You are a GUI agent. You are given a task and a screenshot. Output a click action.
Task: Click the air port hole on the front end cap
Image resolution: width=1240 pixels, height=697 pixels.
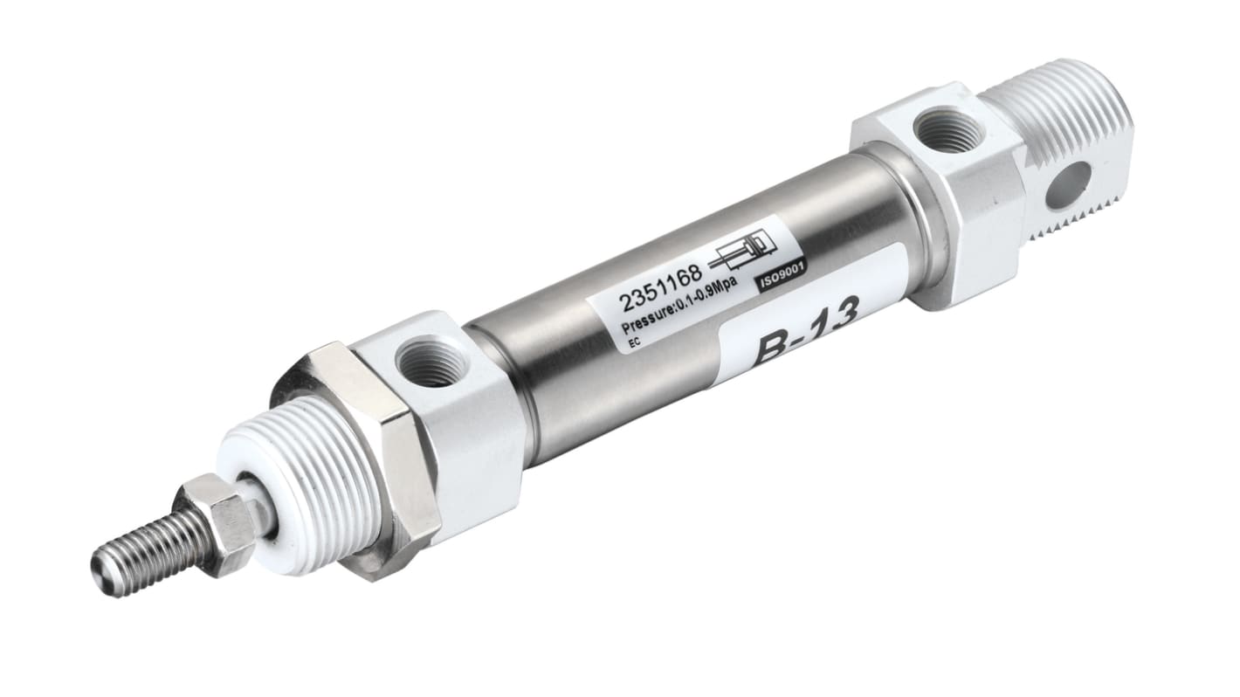pos(430,360)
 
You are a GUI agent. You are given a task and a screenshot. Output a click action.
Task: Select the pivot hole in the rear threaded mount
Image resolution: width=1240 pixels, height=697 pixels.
pos(1067,184)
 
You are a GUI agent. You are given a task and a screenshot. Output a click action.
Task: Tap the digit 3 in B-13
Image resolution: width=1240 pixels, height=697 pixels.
pos(840,319)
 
